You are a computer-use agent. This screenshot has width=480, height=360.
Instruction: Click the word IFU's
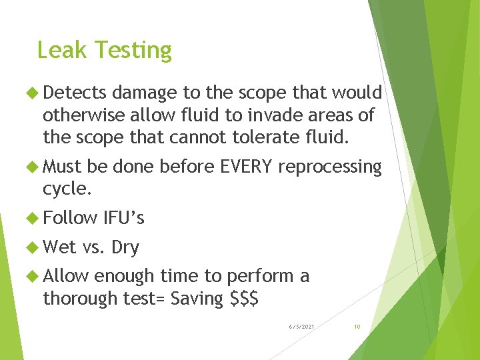pos(124,218)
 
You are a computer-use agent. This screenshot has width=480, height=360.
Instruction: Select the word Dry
pos(125,247)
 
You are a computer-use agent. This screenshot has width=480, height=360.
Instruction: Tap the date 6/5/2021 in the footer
pos(302,327)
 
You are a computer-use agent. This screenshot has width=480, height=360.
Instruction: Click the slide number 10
pos(357,327)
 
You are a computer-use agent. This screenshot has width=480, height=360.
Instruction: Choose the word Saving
pos(197,299)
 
